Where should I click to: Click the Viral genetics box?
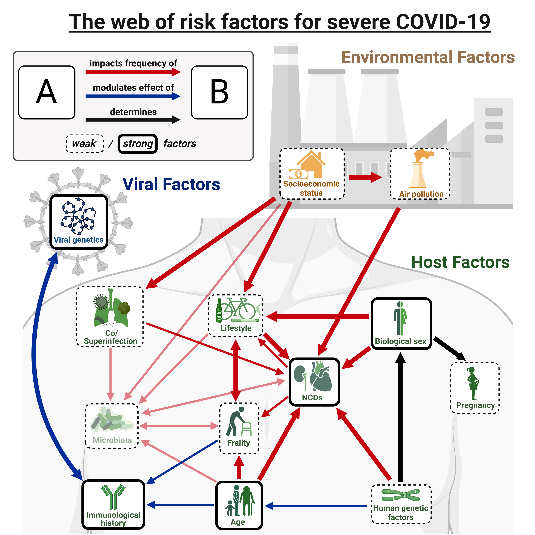coord(79,222)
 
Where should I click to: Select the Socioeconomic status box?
coord(312,174)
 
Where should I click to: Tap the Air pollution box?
coord(420,174)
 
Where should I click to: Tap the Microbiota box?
coord(112,426)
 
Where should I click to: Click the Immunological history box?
coord(113,504)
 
